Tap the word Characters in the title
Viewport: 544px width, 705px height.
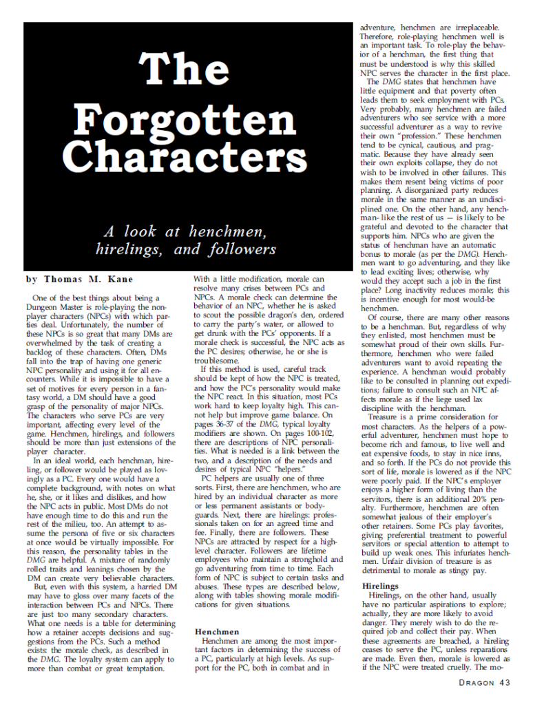point(181,158)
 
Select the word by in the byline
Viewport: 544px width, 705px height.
point(32,280)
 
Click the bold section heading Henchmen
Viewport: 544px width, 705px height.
point(217,631)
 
